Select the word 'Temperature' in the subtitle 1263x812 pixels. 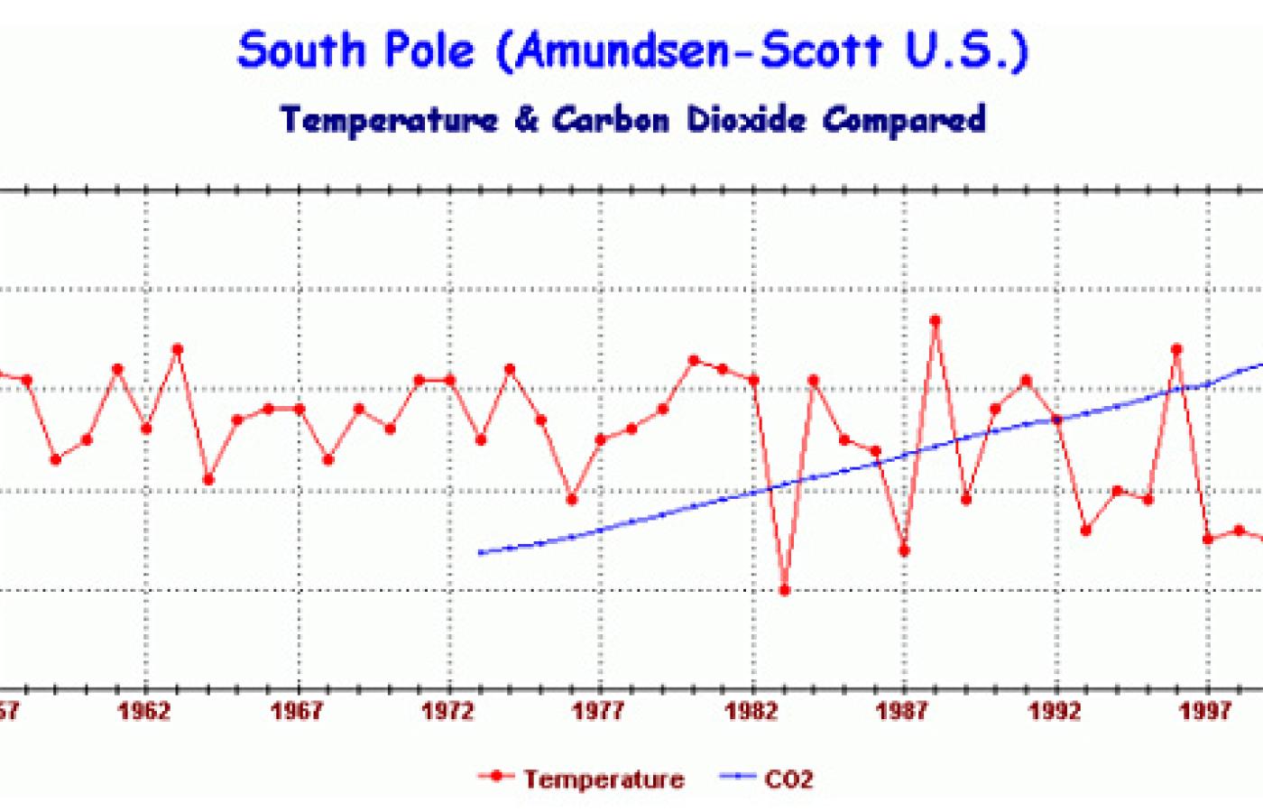(389, 120)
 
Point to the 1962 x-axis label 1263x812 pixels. (144, 712)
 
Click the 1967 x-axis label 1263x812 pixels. (297, 712)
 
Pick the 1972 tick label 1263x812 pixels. (448, 712)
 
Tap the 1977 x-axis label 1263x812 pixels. (599, 712)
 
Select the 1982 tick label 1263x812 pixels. (751, 712)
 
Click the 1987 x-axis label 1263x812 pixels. (902, 712)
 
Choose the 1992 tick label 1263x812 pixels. (1055, 712)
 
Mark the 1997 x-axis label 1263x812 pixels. (1206, 712)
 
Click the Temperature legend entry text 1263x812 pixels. (604, 780)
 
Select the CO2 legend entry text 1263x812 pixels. (788, 780)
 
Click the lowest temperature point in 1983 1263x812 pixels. (784, 591)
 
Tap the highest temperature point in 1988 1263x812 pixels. (936, 320)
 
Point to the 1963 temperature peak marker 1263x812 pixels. (178, 349)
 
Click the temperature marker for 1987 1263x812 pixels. (904, 550)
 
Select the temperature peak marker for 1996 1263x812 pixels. (1176, 349)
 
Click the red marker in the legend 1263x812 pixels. (495, 777)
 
